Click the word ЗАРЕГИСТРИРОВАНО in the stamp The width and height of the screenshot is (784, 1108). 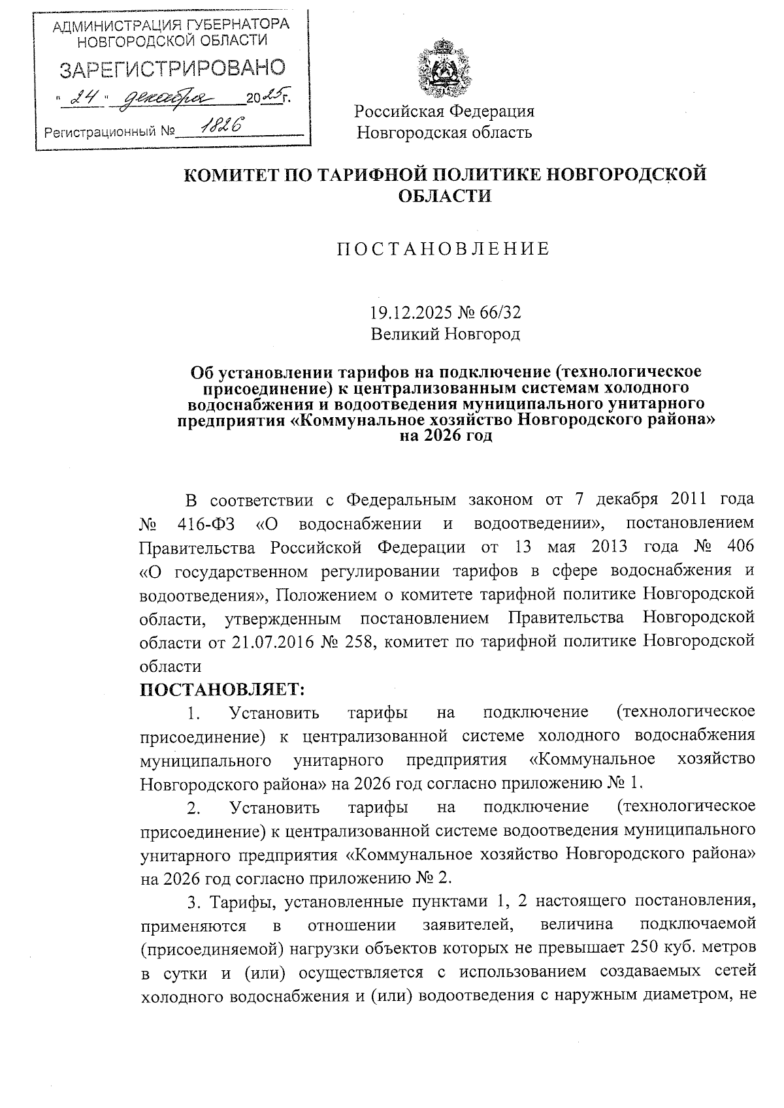coord(172,69)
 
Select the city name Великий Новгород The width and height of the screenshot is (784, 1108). coord(445,335)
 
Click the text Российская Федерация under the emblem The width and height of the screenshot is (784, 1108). coord(444,111)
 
